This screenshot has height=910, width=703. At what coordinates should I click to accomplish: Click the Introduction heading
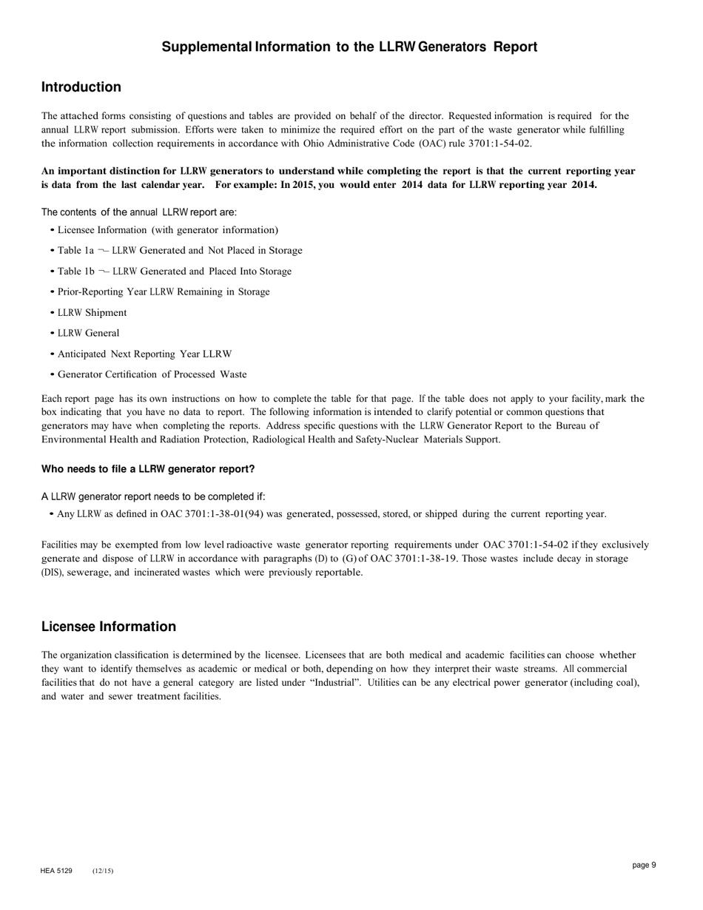pos(81,87)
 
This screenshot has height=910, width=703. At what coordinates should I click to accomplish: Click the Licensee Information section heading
pos(109,627)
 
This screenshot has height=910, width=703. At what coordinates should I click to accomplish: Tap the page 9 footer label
pos(644,865)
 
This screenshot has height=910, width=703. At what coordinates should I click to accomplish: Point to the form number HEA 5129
pos(56,871)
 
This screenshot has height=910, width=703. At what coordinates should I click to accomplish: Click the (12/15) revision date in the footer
pos(103,871)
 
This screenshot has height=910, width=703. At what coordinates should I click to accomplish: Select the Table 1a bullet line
pos(180,251)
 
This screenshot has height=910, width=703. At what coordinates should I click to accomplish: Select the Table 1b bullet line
pos(175,272)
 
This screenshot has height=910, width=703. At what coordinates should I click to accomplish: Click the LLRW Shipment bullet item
pos(92,313)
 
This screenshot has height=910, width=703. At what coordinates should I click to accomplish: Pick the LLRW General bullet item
pos(89,334)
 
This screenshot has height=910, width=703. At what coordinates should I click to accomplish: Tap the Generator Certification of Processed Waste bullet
pos(152,375)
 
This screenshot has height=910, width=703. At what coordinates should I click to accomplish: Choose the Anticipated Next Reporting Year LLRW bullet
pos(145,354)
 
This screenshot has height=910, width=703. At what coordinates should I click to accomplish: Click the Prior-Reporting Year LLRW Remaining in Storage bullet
pos(164,292)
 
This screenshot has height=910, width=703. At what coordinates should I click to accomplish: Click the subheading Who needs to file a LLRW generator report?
pos(148,469)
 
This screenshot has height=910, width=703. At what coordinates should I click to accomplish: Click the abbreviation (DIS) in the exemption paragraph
pos(53,573)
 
